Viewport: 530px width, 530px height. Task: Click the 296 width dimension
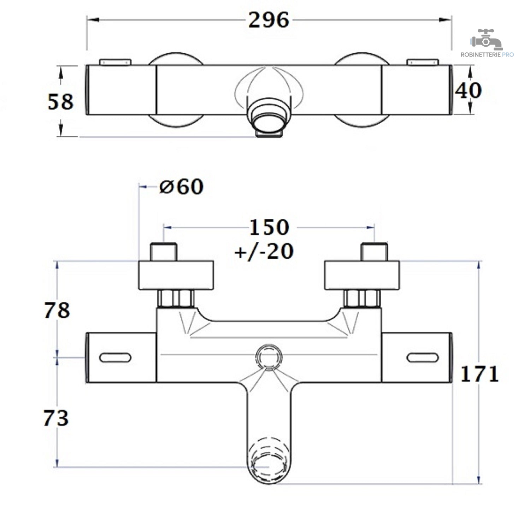269,20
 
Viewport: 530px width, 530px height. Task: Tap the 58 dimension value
60,102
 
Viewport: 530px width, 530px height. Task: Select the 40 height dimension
468,90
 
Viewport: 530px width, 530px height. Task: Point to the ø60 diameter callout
181,187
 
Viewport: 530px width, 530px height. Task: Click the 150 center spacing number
269,227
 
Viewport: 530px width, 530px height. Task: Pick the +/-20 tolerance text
264,252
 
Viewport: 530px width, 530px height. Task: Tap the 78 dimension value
57,311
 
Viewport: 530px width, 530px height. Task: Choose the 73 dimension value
56,418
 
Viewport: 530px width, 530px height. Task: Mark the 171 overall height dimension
479,374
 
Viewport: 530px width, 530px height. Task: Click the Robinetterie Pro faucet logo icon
487,40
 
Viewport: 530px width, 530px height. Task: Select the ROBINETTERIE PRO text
487,55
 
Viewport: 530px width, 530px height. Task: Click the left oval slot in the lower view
115,358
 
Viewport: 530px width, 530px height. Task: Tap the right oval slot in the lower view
423,358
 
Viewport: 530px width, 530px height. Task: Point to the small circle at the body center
269,358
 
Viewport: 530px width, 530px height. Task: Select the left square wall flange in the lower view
176,275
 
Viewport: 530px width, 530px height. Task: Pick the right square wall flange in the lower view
362,275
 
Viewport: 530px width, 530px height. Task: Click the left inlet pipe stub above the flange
164,252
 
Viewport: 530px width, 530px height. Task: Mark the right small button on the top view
423,62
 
